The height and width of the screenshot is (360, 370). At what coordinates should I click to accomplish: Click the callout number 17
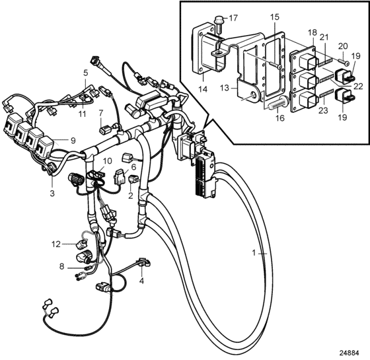coord(233,18)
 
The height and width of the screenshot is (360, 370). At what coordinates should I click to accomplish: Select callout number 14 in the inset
coord(203,89)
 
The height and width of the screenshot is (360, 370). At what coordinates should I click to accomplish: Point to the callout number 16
coord(280,118)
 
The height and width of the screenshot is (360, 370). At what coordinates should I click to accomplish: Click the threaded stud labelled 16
coord(278,103)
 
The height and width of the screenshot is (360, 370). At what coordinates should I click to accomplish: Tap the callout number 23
coord(323,110)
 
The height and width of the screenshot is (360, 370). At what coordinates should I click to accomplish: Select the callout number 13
coord(225,88)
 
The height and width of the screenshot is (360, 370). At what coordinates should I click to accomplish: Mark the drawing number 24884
coord(350,353)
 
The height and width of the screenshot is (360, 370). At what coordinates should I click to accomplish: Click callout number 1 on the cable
coord(254,253)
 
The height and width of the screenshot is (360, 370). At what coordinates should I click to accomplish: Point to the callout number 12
coord(56,244)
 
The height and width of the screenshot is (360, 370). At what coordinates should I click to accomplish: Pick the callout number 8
coord(61,267)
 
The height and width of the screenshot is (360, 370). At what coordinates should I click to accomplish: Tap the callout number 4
coord(141,281)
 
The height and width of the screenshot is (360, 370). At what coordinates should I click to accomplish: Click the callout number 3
coord(52,193)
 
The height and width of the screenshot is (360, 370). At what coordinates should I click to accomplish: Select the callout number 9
coord(73,141)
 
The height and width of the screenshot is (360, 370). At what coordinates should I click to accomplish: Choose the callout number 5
coord(85,73)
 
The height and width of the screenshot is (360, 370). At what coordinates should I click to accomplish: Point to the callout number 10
coord(107,161)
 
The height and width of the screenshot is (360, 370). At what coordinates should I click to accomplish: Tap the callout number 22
coord(358,87)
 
